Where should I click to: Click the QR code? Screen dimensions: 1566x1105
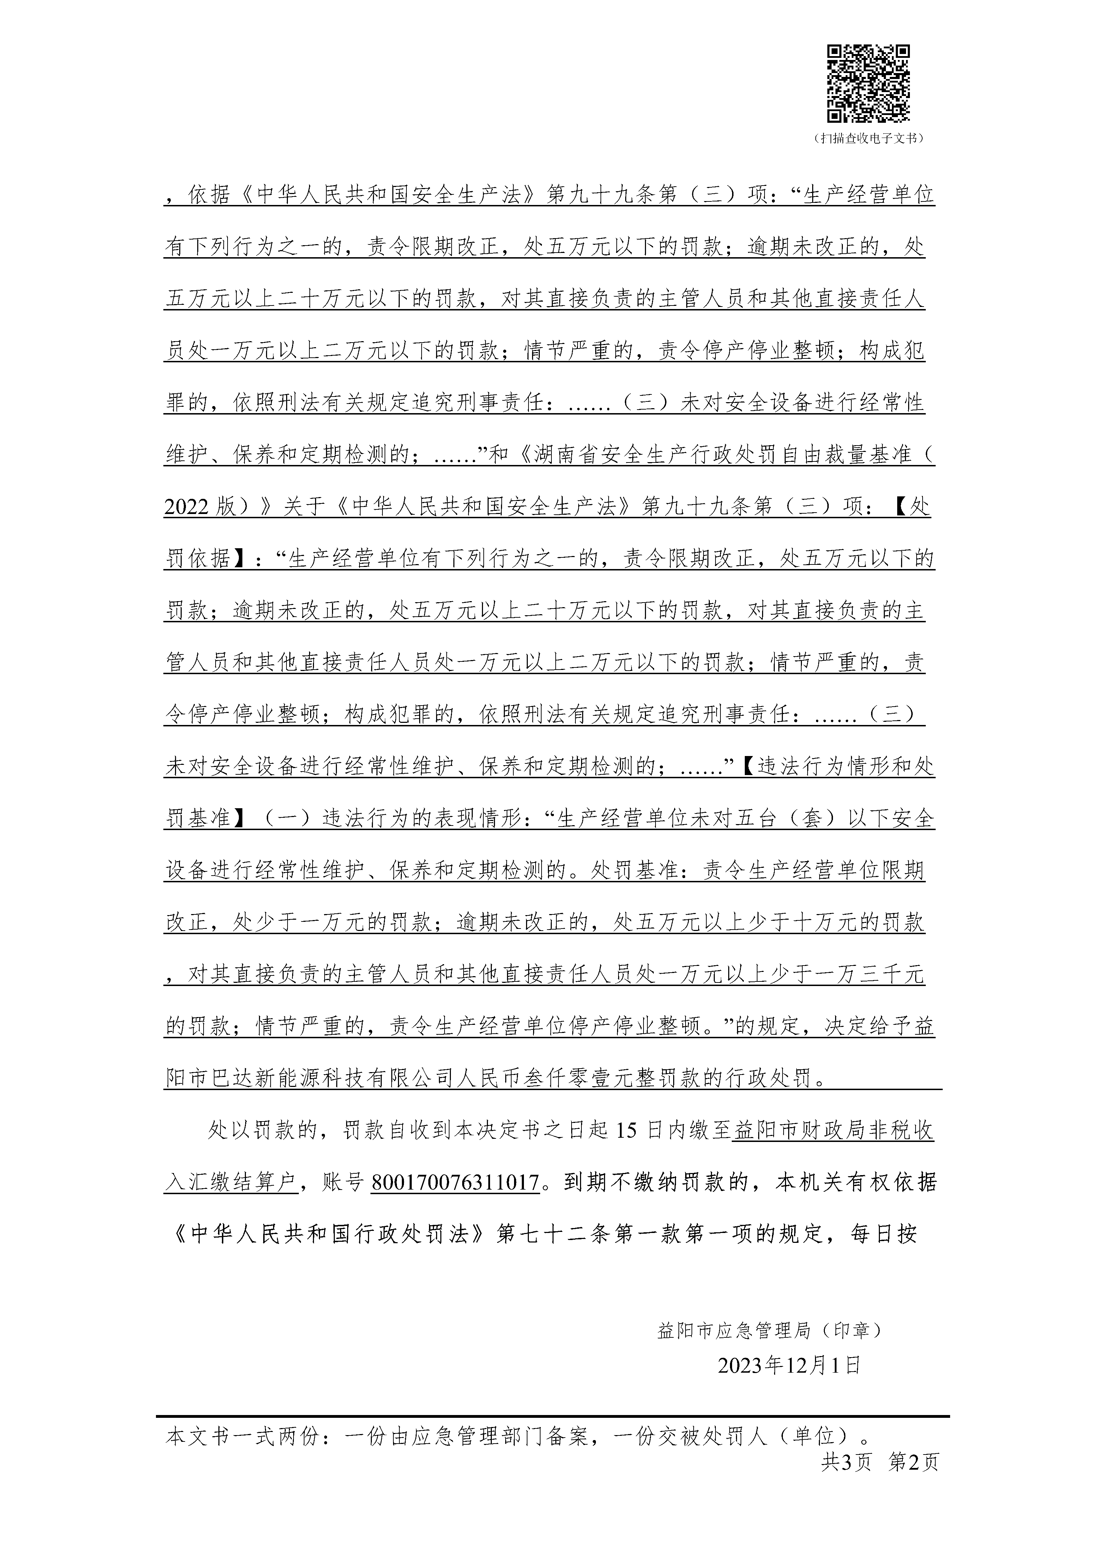868,83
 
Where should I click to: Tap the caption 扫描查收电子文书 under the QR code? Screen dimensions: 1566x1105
868,138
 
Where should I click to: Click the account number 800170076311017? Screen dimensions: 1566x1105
455,1182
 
